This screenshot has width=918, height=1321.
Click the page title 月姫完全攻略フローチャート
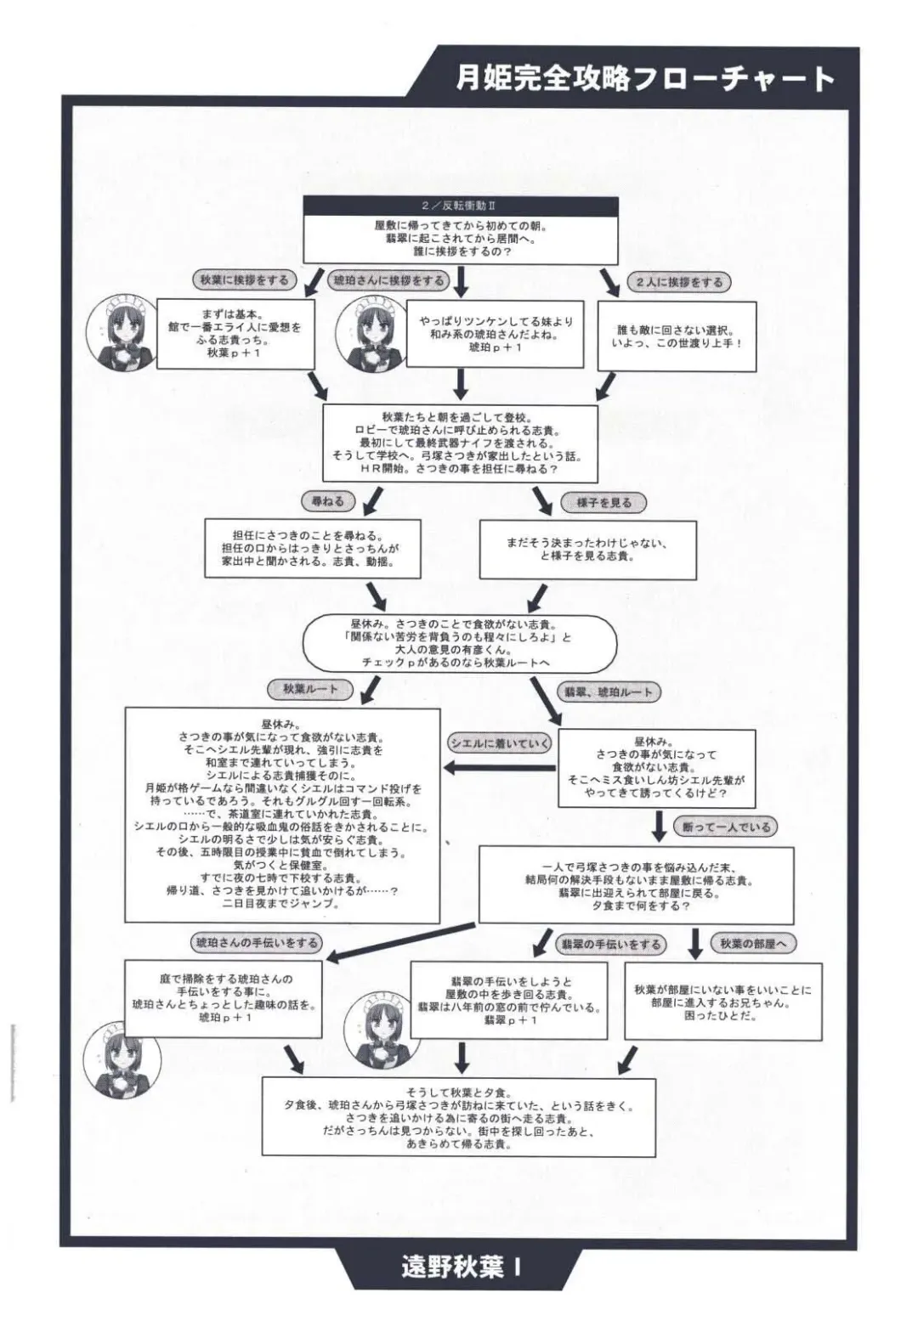tap(644, 78)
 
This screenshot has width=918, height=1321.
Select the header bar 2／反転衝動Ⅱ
tap(460, 206)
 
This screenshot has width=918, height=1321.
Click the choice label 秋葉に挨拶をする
tap(244, 279)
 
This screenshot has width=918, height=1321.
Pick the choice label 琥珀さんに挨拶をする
tap(388, 280)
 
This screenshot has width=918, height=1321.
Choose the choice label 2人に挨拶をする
tap(679, 282)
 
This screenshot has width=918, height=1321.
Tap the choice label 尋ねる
tap(327, 501)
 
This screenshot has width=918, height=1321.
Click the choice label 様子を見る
tap(604, 502)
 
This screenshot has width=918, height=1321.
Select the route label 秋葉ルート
tap(310, 689)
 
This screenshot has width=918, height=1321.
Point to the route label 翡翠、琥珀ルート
tap(609, 692)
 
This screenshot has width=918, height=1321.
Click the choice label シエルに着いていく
tap(500, 743)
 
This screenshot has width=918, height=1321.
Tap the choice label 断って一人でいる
tap(726, 827)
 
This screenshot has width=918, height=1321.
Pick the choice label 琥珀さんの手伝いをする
tap(256, 942)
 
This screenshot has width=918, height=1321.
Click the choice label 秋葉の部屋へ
tap(753, 943)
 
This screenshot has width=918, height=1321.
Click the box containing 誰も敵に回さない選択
tap(677, 336)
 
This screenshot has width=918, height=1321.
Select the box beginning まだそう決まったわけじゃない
tap(587, 550)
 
